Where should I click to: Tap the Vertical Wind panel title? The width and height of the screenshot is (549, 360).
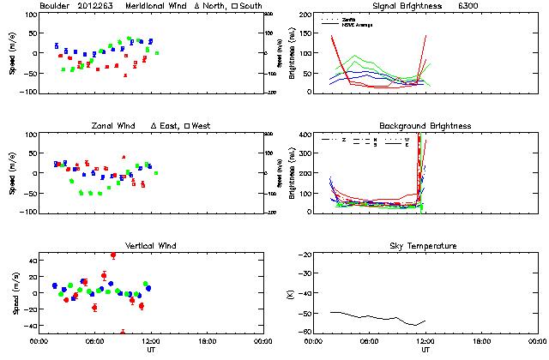click(145, 246)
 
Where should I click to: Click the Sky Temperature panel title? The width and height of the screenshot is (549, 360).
click(418, 246)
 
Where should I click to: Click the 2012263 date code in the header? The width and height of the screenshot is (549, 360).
click(97, 6)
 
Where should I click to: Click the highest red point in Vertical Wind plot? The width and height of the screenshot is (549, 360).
click(113, 255)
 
